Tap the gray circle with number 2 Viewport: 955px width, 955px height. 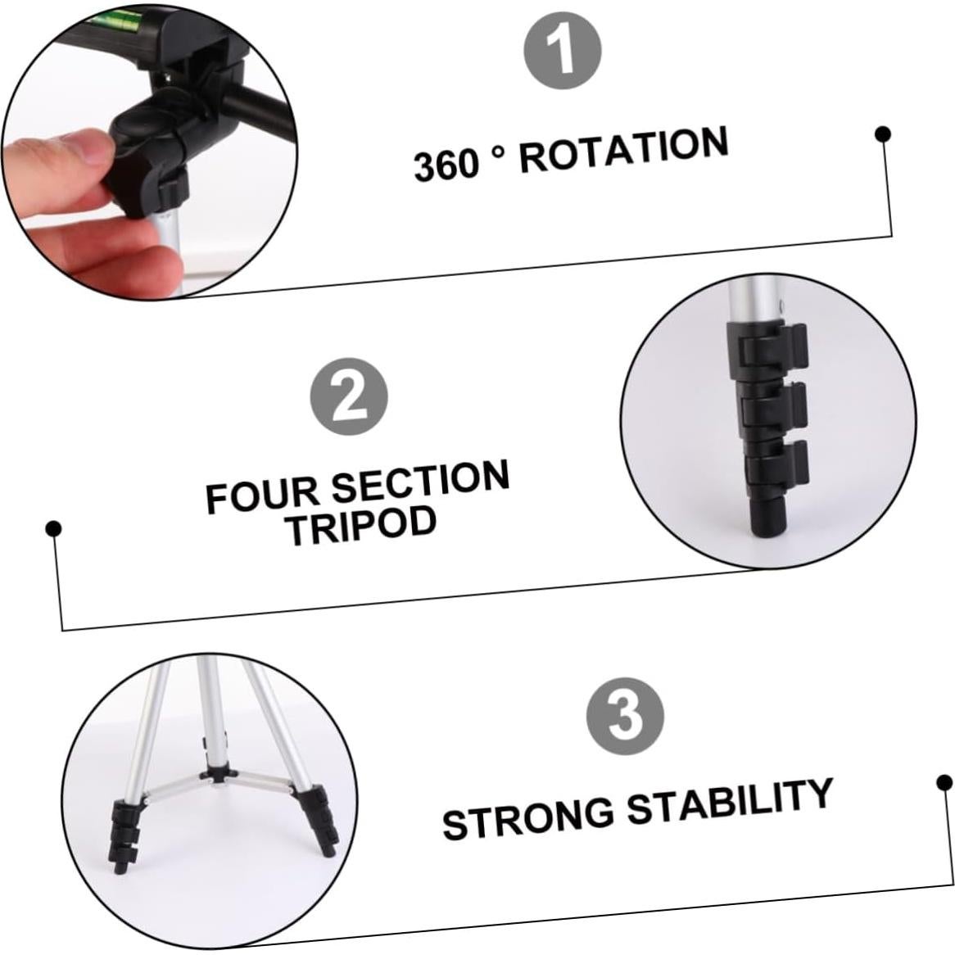tap(348, 398)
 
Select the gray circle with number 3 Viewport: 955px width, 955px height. tap(625, 714)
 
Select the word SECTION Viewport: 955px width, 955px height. tap(421, 482)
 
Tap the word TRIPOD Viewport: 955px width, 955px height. tap(361, 525)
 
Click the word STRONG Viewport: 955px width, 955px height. tap(528, 818)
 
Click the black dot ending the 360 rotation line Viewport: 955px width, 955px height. tap(883, 134)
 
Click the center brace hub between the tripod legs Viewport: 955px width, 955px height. tap(219, 775)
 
